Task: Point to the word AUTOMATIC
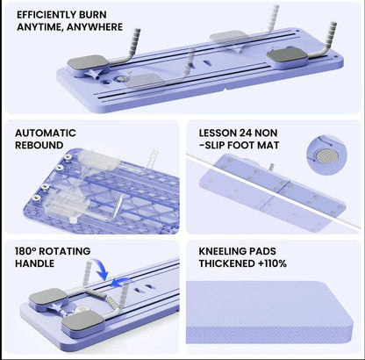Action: tap(45, 133)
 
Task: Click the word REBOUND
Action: tap(39, 145)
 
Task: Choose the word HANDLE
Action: tap(36, 263)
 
